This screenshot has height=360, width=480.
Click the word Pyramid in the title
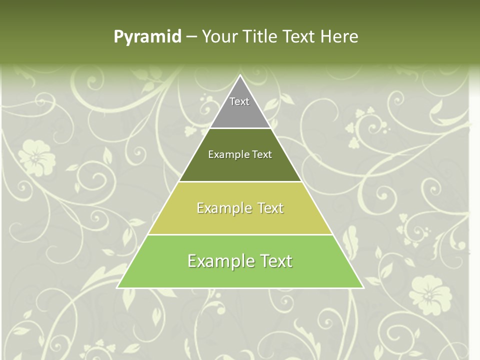[147, 37]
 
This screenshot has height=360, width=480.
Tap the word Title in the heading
[262, 36]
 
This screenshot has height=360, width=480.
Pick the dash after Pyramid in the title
[191, 37]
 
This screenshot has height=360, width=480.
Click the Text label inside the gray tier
[239, 101]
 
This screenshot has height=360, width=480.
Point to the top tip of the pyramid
[240, 76]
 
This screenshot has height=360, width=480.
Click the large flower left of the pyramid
[36, 156]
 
